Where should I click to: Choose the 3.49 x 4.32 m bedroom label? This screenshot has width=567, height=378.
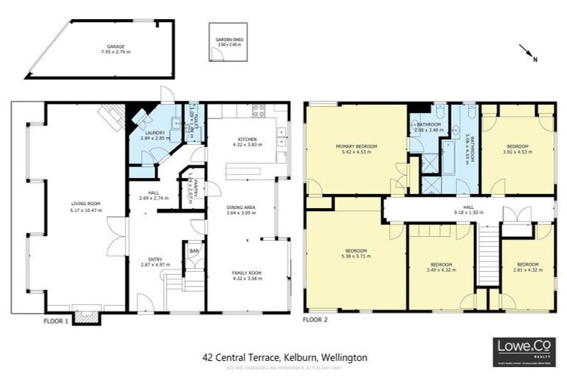click(441, 266)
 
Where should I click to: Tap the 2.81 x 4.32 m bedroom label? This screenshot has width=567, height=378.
click(527, 266)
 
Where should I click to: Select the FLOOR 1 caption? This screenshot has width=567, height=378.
click(55, 321)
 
